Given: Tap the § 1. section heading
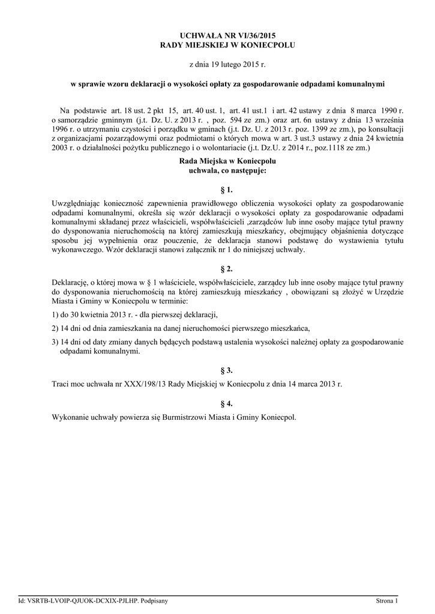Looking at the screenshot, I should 227,190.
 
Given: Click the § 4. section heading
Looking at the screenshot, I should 227,403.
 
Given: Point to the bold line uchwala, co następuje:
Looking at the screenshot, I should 227,170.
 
